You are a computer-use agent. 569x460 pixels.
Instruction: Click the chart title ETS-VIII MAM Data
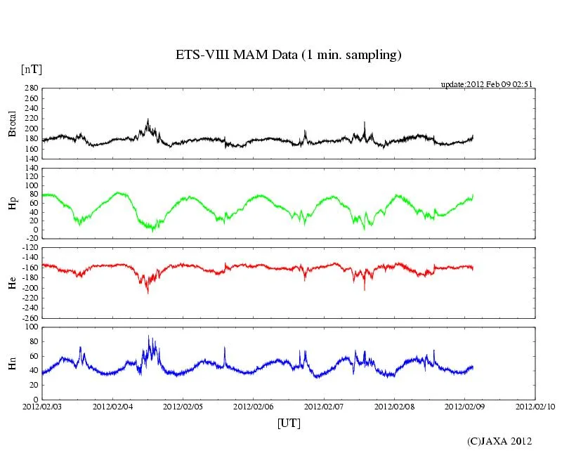(288, 55)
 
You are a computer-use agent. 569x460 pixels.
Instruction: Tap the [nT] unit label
(31, 70)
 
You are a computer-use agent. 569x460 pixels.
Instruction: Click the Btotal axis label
(12, 124)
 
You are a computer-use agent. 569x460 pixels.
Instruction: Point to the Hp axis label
(12, 204)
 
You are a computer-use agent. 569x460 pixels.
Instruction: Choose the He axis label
(12, 283)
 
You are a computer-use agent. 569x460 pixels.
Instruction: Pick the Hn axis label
(12, 363)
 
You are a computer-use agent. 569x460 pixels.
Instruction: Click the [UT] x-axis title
(289, 423)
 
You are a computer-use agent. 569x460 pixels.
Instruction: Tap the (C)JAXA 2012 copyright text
(499, 441)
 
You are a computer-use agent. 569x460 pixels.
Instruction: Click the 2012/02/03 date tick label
(41, 407)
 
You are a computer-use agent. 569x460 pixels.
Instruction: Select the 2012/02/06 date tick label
(253, 407)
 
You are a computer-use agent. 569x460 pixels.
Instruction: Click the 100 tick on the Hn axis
(31, 327)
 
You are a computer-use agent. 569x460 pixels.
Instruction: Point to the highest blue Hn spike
(148, 336)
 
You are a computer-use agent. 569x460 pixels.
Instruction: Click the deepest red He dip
(148, 292)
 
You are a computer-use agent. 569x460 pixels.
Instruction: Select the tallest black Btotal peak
(148, 119)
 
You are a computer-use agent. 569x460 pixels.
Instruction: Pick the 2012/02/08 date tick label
(394, 407)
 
